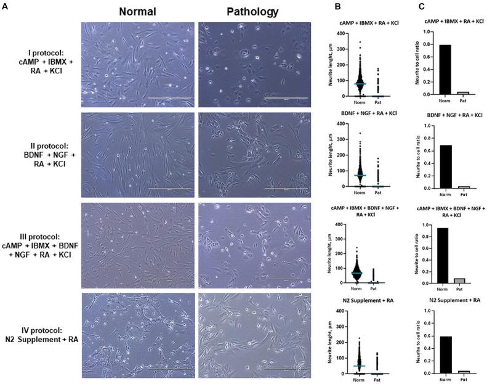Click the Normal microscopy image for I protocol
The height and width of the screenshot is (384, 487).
coord(137,62)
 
